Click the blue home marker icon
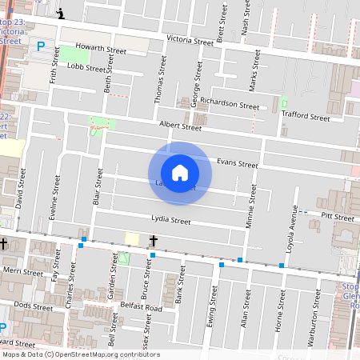coord(180,172)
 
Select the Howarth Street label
coord(102,50)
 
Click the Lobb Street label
coord(86,67)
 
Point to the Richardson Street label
coord(230,104)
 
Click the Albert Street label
coord(180,126)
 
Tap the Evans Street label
coord(238,163)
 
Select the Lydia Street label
coord(170,220)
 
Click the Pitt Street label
coord(338,217)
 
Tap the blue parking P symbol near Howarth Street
coord(41,47)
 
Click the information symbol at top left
coord(62,13)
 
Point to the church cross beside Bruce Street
coord(153,240)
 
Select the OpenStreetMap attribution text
coord(81,354)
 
